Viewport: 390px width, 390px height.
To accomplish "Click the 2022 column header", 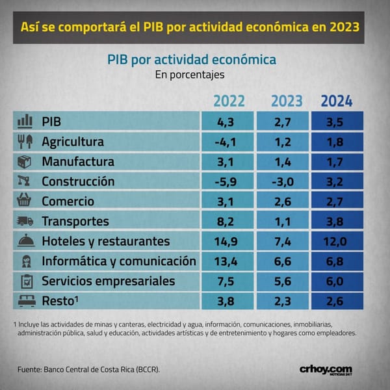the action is click(x=229, y=101).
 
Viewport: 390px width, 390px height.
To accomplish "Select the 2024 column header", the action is click(x=337, y=101).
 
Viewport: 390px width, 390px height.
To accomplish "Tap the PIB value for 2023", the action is click(x=283, y=122).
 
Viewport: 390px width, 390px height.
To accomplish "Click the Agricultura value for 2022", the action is click(x=226, y=142).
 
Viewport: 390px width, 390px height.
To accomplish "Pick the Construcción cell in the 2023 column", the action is click(x=283, y=182).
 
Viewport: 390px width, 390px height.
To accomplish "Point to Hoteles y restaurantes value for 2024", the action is click(x=335, y=242).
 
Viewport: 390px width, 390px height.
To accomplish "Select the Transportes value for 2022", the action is click(x=226, y=222).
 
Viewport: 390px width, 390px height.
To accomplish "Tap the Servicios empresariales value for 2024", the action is click(x=335, y=281).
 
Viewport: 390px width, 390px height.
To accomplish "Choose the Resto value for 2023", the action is click(x=283, y=301).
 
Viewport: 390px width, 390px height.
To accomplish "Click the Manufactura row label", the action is click(x=78, y=161).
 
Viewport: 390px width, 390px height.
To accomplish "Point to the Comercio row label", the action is click(x=68, y=201).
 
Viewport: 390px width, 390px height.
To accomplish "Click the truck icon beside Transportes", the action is click(x=25, y=221).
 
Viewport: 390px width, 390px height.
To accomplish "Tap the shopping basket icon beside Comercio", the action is click(x=24, y=200).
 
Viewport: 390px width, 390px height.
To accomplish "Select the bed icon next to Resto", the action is click(x=27, y=301).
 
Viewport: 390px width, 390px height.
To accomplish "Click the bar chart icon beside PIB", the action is click(x=25, y=122).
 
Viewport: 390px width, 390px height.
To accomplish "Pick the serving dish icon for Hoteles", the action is click(x=26, y=240).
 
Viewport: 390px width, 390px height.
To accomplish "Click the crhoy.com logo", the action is click(x=326, y=370).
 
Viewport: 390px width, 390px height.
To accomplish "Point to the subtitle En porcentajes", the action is click(x=190, y=75).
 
